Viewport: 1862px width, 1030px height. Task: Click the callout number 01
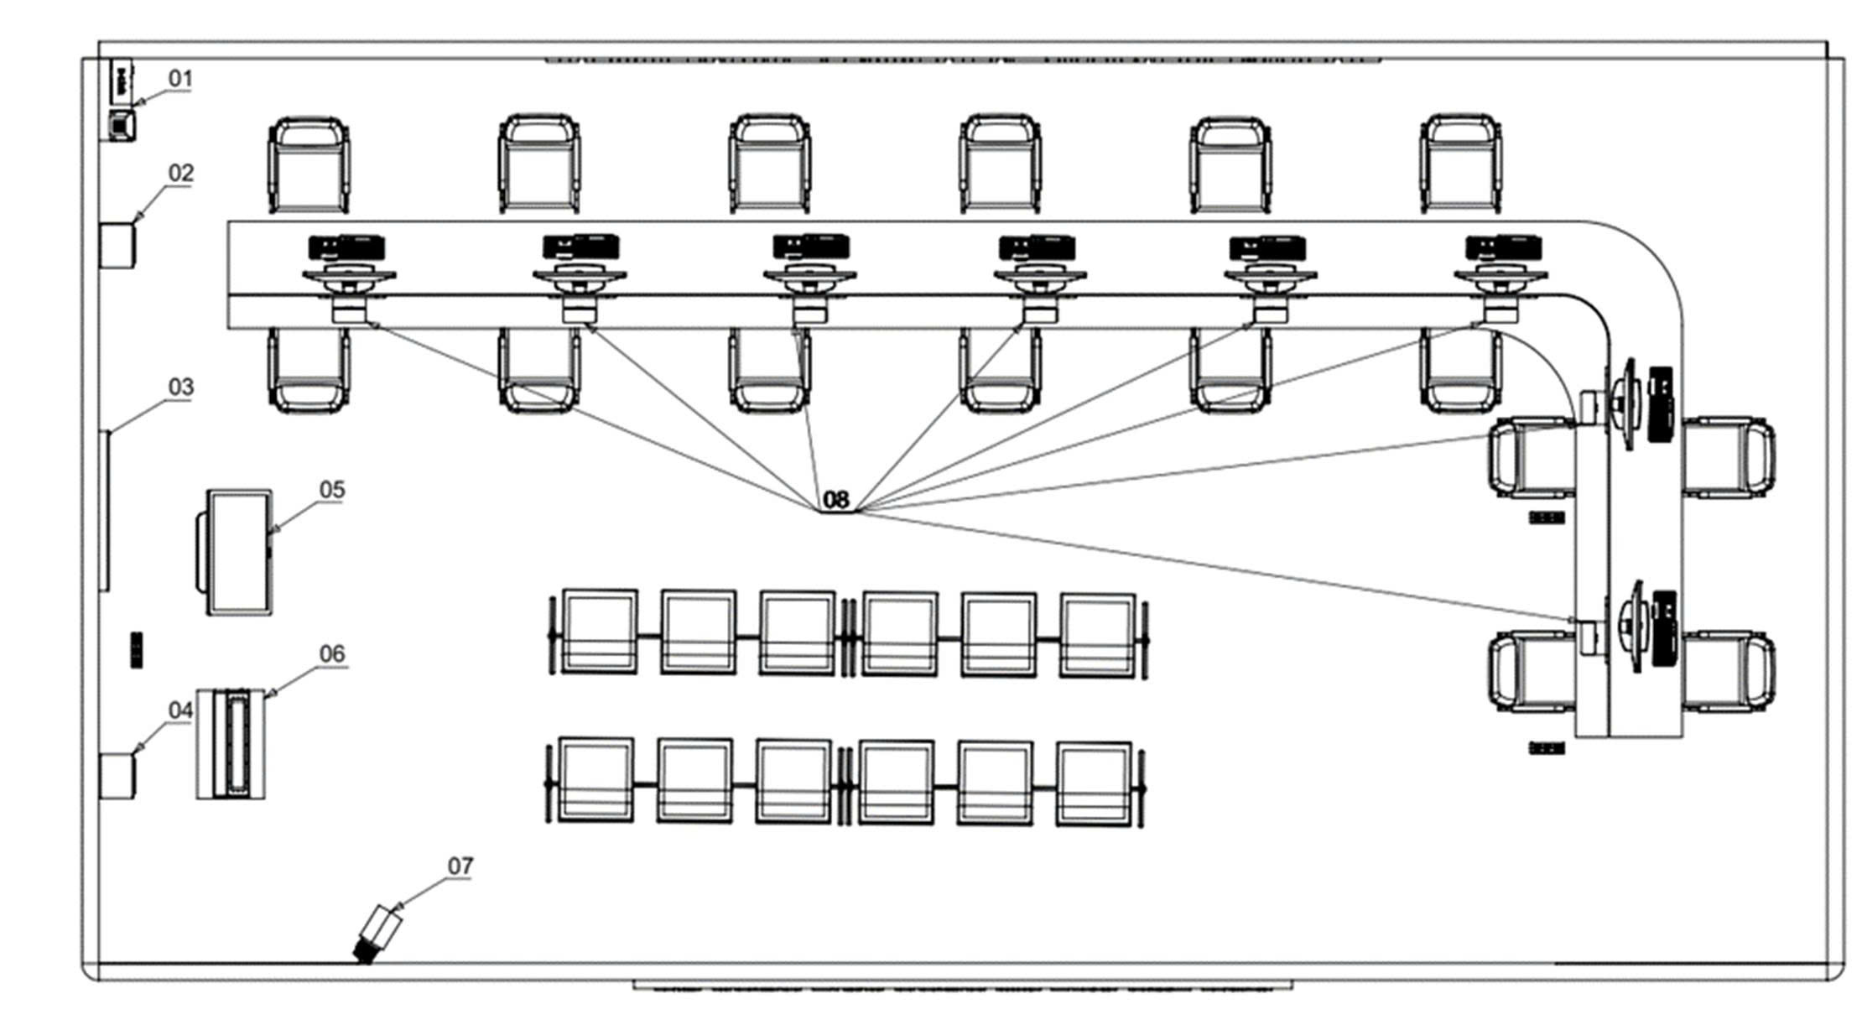tap(180, 79)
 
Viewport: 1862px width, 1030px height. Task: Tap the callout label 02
tap(180, 173)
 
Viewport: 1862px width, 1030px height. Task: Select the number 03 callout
tap(180, 387)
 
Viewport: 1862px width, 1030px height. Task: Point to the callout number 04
tap(180, 710)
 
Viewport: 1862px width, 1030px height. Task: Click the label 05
tap(332, 490)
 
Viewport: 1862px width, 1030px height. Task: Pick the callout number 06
tap(332, 653)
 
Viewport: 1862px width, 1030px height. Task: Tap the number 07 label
tap(460, 866)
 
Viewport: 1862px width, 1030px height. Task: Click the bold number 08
tap(835, 500)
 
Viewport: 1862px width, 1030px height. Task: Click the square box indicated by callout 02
tap(117, 245)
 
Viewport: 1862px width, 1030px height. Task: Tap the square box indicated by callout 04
tap(117, 776)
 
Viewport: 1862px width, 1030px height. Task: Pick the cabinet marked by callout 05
tap(238, 553)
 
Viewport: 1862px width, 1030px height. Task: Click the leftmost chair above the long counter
tap(309, 164)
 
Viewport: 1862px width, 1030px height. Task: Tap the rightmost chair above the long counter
tap(1460, 164)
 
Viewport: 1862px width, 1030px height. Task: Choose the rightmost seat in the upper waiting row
tap(1097, 634)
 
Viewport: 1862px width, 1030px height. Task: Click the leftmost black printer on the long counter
tap(346, 247)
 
